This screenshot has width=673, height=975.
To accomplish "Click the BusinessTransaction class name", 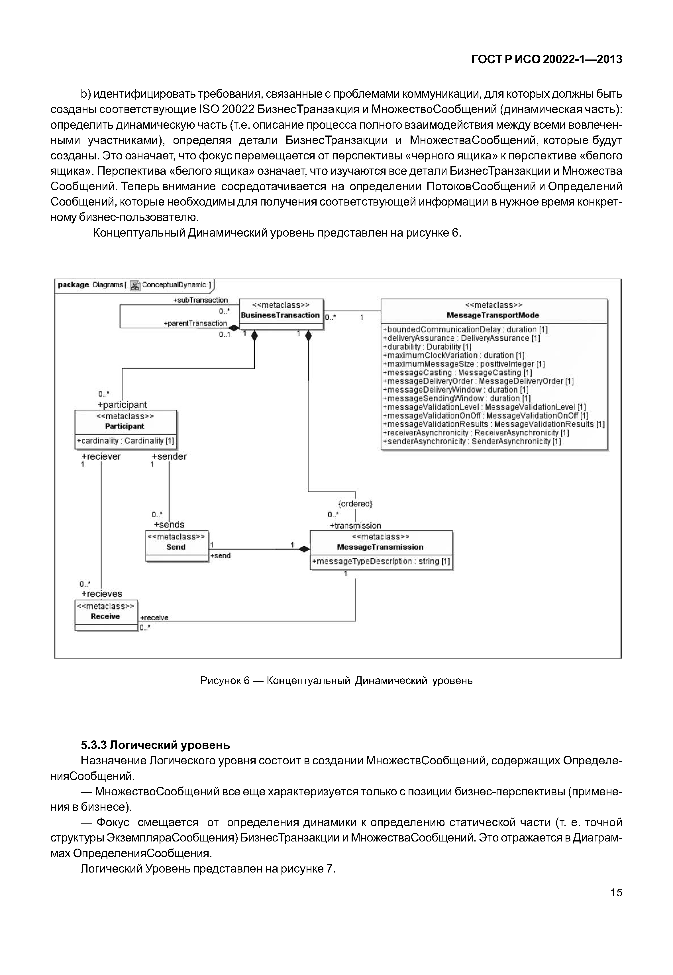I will (x=280, y=316).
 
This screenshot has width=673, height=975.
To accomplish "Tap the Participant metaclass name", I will (x=125, y=426).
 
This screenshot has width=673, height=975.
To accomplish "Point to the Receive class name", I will (x=105, y=616).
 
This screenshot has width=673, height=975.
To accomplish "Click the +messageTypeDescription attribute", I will (x=381, y=561).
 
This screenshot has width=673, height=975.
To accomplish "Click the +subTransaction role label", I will (x=200, y=300).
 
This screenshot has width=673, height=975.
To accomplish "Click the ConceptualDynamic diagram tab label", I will (x=174, y=285).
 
